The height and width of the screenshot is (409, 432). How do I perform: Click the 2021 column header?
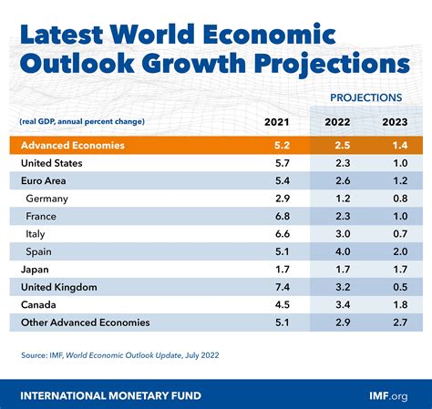click(276, 122)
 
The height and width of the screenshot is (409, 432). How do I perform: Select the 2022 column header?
click(337, 122)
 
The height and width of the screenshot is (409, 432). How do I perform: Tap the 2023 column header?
click(395, 122)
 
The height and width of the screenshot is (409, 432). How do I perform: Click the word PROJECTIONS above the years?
click(366, 97)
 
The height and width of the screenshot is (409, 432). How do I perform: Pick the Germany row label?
click(46, 199)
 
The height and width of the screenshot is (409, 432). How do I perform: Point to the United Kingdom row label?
click(59, 287)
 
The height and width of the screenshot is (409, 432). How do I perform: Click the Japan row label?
click(35, 270)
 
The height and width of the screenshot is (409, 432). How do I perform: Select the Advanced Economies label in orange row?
click(73, 146)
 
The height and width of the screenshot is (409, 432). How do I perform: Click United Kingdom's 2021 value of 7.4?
click(283, 287)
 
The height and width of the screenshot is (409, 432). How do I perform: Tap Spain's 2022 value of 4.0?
click(343, 251)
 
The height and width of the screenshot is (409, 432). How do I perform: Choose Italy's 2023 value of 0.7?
click(400, 234)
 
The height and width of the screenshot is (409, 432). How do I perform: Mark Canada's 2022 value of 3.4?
click(343, 305)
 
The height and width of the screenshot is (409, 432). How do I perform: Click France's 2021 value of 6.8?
click(283, 217)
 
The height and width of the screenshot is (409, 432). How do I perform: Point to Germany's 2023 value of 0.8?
click(400, 199)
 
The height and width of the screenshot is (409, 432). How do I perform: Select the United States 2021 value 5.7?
click(283, 163)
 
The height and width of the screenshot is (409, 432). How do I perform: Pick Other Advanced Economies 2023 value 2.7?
click(400, 322)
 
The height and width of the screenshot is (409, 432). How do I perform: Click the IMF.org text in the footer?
click(388, 396)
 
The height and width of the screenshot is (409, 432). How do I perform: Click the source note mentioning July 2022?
click(120, 355)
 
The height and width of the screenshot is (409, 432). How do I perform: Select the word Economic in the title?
click(269, 34)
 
